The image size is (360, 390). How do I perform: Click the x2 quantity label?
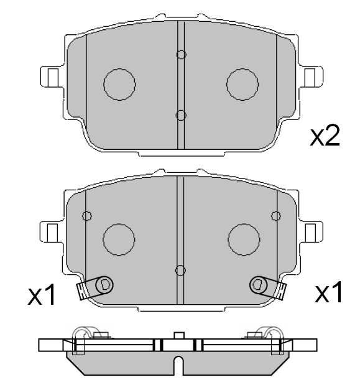325,136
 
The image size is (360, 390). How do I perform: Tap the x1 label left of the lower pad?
42,295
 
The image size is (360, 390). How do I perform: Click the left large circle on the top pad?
119,85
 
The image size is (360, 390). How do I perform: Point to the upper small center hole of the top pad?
181,55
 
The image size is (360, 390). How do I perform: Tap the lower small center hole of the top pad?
181,114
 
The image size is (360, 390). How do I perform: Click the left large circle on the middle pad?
119,239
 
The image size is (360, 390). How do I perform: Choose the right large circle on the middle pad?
244,238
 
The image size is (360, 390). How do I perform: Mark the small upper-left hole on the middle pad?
87,216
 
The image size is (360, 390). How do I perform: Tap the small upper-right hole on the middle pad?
276,215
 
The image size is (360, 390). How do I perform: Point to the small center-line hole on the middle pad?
180,270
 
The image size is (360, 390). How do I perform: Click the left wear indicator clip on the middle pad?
93,287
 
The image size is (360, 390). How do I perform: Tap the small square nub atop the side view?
179,337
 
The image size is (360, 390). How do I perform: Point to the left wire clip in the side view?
84,336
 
